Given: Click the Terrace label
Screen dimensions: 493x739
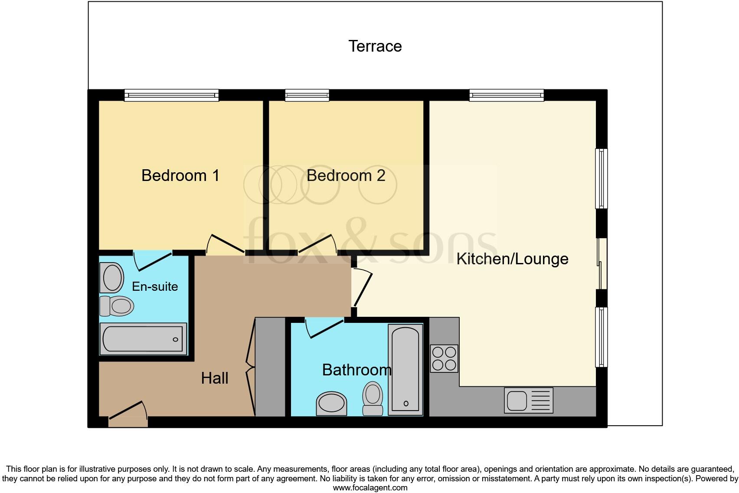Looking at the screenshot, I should [x=375, y=46].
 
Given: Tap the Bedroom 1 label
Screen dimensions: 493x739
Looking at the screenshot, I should [x=180, y=175].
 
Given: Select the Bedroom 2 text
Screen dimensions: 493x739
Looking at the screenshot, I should [x=346, y=175].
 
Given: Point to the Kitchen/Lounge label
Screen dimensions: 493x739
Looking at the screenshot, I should [x=512, y=259].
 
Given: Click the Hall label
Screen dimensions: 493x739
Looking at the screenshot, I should [x=215, y=378].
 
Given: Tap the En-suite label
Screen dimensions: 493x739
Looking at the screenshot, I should [x=155, y=286].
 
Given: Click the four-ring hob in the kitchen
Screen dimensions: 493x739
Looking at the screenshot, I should [x=444, y=358].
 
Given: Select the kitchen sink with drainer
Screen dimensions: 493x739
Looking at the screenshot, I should [x=528, y=400].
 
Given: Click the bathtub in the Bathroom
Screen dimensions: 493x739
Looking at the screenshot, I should [x=405, y=369].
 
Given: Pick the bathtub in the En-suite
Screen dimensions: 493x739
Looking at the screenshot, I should [x=143, y=339].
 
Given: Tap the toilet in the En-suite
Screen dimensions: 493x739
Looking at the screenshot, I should [x=116, y=306].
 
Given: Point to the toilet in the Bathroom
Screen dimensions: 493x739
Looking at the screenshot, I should [x=373, y=398].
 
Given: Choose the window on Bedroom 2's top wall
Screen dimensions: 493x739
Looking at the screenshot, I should [x=307, y=95].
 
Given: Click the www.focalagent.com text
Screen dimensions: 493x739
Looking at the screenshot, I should [x=370, y=488].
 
